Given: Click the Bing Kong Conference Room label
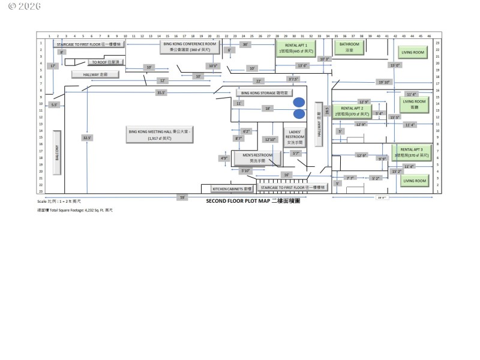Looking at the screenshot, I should click(x=189, y=47).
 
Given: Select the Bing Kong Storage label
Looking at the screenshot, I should click(x=265, y=93).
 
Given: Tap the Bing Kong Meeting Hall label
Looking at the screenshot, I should click(x=160, y=134).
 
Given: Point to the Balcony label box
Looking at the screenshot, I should click(x=58, y=152).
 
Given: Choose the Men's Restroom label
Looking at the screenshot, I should click(x=253, y=157).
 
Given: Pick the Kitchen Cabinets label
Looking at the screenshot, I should click(x=228, y=188).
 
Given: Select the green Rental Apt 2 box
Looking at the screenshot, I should click(x=352, y=110).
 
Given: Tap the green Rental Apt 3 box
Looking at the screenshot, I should click(x=412, y=152).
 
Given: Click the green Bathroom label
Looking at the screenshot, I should click(x=349, y=47).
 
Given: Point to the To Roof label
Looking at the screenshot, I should click(x=106, y=62).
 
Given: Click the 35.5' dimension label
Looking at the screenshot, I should click(x=161, y=93).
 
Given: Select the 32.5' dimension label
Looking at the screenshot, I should click(x=87, y=137).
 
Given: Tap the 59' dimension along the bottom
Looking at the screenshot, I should click(x=182, y=197).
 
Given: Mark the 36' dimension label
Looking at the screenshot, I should click(x=245, y=44).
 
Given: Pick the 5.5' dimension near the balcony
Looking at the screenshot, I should click(x=55, y=104).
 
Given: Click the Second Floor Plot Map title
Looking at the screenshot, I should click(x=253, y=202).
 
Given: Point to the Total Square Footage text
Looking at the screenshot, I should click(x=75, y=211).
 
